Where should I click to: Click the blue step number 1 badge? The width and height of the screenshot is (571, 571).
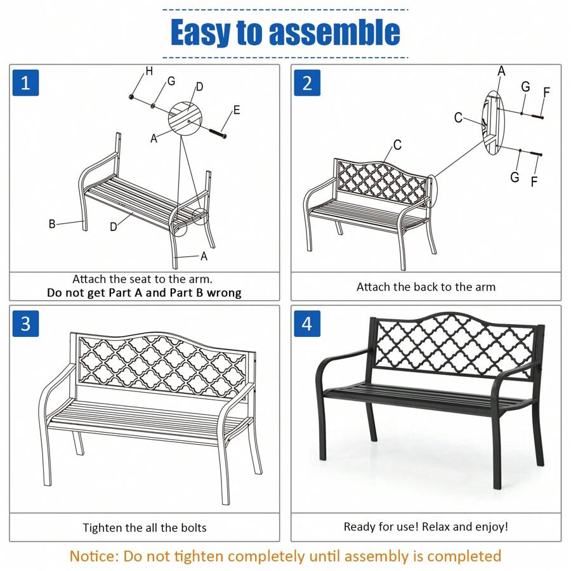pos(25,83)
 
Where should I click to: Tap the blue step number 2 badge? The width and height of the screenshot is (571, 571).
pos(307,83)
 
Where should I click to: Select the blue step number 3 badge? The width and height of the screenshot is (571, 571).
pos(25,324)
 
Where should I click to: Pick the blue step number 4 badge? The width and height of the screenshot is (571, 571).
pos(307,324)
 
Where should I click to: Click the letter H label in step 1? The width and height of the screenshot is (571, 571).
pos(149,72)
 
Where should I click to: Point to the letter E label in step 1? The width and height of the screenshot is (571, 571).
pos(236,110)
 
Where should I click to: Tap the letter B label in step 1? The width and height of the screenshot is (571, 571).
pos(52,223)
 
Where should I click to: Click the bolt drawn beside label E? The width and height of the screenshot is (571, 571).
pos(218,132)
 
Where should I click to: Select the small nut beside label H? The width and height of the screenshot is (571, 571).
pos(131,96)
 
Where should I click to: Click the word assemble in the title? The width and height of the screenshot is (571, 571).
pos(334,33)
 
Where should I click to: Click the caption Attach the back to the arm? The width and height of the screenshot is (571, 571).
pos(426,287)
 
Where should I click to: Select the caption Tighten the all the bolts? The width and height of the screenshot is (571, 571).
pos(145,527)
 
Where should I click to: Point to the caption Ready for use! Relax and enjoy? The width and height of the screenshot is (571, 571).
pos(426,527)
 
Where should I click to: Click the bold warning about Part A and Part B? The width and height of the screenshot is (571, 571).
pos(144,292)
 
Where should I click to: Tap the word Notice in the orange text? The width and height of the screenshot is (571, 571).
pos(95,556)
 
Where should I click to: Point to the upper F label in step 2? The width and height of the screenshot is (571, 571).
pos(546,93)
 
